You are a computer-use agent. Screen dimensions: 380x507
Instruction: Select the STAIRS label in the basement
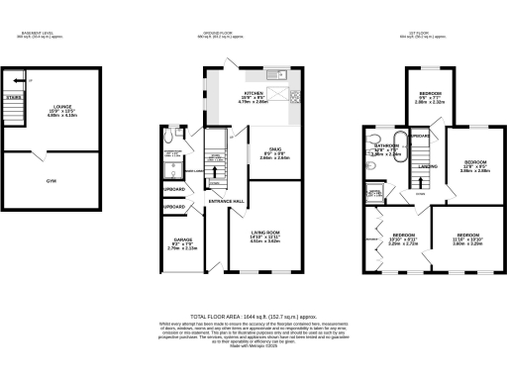(x=13, y=98)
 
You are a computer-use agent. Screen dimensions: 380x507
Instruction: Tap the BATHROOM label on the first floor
(x=385, y=145)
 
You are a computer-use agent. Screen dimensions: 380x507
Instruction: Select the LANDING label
(x=427, y=166)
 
